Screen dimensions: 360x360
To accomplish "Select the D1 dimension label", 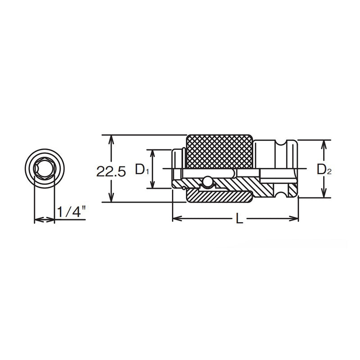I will (142, 170).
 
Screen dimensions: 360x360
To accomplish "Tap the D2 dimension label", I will (323, 169).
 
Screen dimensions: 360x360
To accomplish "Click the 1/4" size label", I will (69, 211).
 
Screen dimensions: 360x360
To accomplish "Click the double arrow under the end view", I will (44, 220).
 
